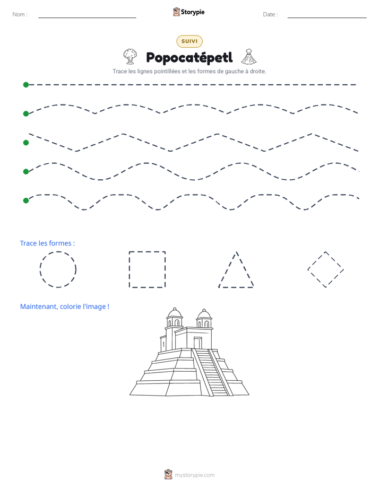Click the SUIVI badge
click(189, 41)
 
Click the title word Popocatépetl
click(189, 58)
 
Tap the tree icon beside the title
click(130, 57)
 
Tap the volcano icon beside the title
click(248, 57)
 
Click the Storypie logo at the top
click(188, 12)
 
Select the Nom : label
click(20, 14)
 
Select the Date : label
click(270, 14)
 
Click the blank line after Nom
click(87, 17)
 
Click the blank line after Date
click(327, 17)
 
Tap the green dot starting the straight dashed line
click(26, 85)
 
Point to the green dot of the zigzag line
click(26, 143)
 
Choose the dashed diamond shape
click(316, 260)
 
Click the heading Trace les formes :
click(48, 243)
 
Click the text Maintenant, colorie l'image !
click(65, 307)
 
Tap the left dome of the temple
click(175, 313)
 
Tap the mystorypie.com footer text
click(194, 475)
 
